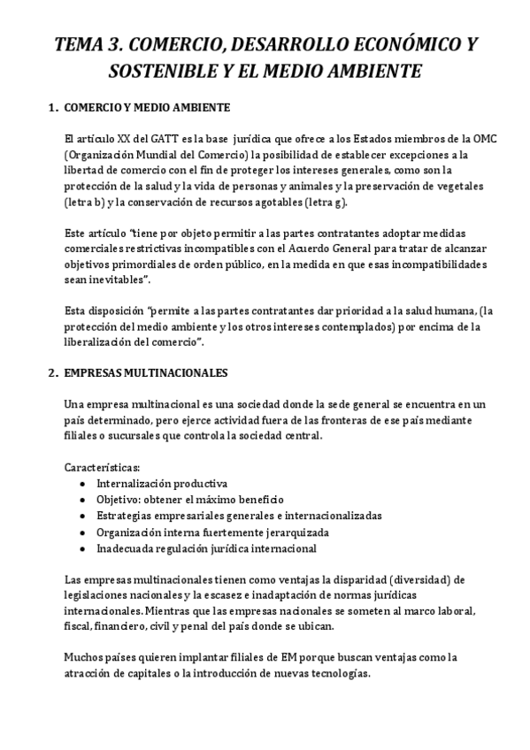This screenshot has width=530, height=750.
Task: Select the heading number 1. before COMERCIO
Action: [50, 108]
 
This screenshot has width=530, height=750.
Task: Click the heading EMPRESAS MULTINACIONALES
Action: [146, 372]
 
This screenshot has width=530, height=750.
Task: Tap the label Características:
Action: [102, 466]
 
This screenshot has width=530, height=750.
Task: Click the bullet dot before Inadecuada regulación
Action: [82, 548]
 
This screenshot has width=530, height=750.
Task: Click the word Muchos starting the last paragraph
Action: [84, 657]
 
